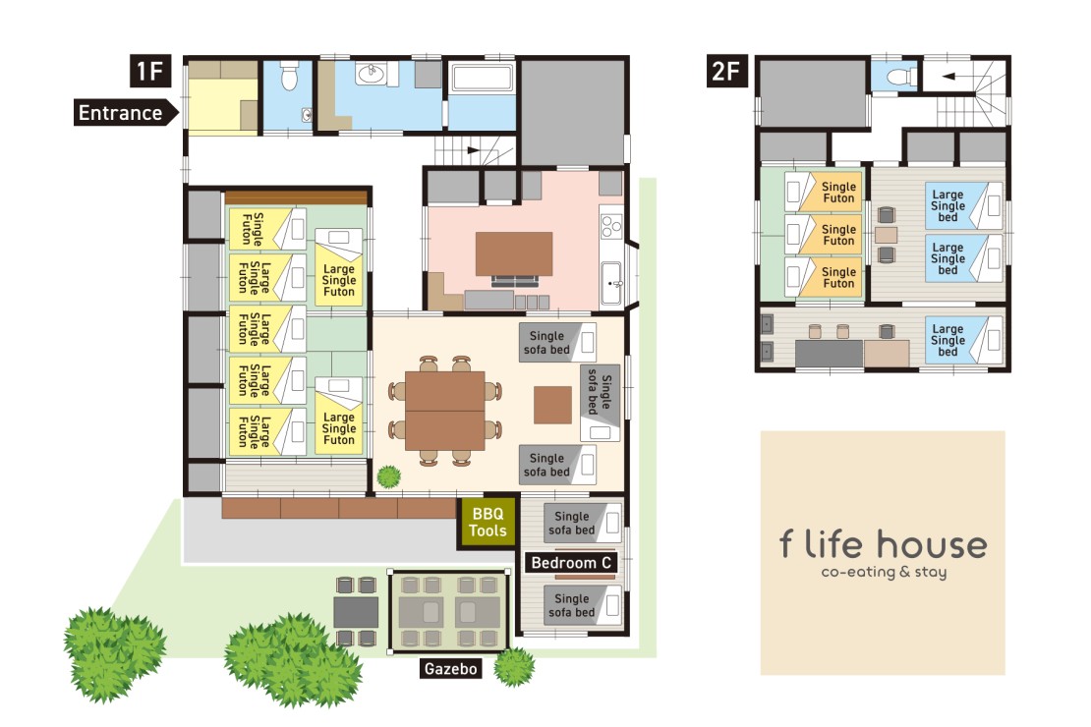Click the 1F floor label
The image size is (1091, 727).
pos(149,72)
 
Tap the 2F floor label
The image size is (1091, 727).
pos(727,72)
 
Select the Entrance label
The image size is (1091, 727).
pos(121,113)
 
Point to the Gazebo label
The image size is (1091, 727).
pos(450,669)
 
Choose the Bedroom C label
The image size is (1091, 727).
pos(571,563)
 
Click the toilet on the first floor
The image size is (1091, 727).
pos(289,77)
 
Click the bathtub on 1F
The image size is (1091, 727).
pos(482,79)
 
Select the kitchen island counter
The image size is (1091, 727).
pos(514,253)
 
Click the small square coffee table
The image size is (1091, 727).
pos(552,405)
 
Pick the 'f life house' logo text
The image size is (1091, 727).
pos(883,545)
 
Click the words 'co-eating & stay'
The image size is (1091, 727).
pos(883,573)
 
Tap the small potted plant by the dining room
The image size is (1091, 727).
pos(389,477)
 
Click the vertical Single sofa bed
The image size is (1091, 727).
pos(600,393)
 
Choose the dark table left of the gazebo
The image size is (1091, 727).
pos(355,611)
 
